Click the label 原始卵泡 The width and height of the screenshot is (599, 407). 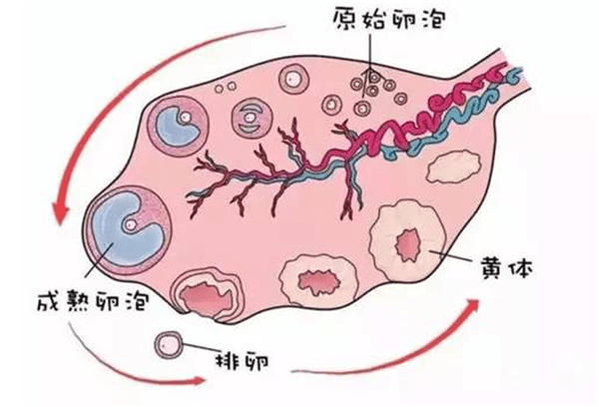389,19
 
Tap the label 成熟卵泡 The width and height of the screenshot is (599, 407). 93,301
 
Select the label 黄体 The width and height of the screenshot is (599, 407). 506,267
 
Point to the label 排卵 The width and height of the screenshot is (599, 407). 243,360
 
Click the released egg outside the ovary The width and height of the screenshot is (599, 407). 169,345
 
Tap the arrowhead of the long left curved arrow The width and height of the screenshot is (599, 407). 60,213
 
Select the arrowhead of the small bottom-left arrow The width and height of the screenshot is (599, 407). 198,380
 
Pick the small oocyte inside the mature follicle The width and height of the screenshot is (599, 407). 131,224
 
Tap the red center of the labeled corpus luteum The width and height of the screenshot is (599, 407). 408,244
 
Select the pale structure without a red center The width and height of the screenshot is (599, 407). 452,167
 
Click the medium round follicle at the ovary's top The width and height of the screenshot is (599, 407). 294,79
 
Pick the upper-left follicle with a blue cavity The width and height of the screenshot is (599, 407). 179,127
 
